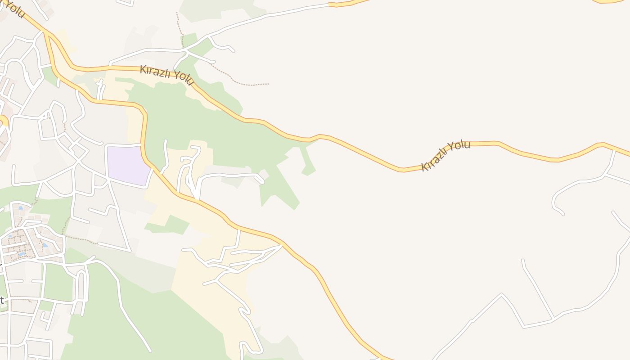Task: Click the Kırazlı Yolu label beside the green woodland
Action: pyautogui.click(x=166, y=75)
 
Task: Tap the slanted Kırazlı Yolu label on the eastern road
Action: pyautogui.click(x=445, y=155)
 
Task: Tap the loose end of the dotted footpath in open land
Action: pyautogui.click(x=268, y=84)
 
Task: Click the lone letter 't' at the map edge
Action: pyautogui.click(x=2, y=300)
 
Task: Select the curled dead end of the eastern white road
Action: pyautogui.click(x=562, y=214)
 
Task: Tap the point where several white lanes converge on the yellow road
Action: pyautogui.click(x=281, y=245)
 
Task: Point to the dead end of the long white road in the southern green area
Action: pyautogui.click(x=150, y=351)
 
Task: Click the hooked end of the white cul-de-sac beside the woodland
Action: pyautogui.click(x=262, y=181)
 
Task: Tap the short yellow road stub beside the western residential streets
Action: pyautogui.click(x=4, y=121)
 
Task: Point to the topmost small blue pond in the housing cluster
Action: pyautogui.click(x=21, y=208)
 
